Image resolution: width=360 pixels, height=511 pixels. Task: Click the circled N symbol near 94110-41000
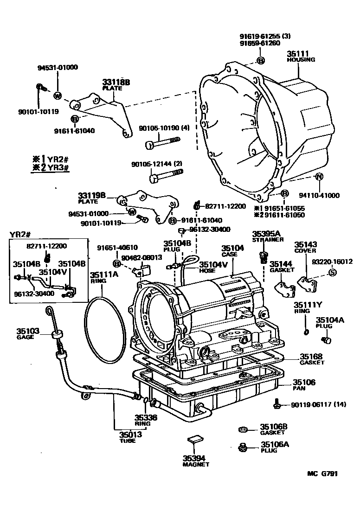319,177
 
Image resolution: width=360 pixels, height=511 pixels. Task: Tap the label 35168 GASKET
312,359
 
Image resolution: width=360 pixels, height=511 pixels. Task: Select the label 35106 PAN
304,385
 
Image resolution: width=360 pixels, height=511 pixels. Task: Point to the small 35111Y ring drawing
305,331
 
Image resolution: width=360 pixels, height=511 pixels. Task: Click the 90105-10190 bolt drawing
161,146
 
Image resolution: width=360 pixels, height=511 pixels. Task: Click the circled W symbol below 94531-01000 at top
58,96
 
